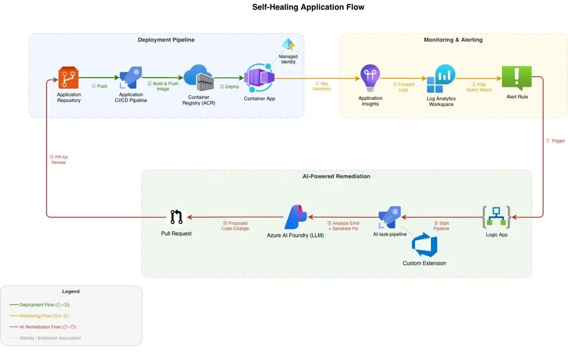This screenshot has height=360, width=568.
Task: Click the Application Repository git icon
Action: click(69, 78)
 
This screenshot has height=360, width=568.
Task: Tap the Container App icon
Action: click(259, 78)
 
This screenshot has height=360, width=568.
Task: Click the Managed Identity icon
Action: click(288, 44)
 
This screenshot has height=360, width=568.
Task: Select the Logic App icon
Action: click(496, 217)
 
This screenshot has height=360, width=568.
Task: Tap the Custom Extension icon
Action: click(424, 246)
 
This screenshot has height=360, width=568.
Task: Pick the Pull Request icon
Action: click(176, 217)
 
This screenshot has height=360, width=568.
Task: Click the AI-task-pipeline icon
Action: click(389, 217)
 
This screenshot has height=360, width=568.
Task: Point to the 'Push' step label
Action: click(100, 87)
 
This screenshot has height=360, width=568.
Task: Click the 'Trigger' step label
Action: click(555, 141)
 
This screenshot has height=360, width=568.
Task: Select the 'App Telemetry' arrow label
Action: click(322, 86)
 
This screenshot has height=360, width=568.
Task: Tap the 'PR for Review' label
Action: click(58, 160)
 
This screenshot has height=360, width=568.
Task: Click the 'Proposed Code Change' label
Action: click(235, 226)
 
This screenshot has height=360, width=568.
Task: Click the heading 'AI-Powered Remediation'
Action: click(336, 176)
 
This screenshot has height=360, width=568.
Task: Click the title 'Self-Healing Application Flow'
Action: click(300, 7)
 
